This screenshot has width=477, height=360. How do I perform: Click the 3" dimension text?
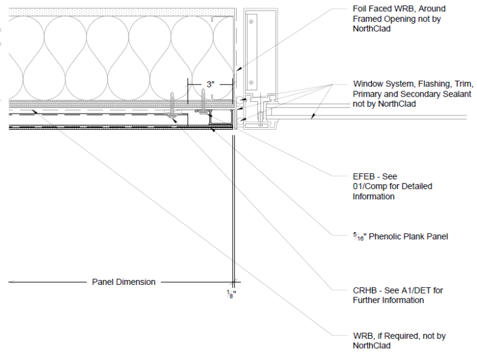pos(210,84)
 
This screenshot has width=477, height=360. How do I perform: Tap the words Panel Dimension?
pos(124,282)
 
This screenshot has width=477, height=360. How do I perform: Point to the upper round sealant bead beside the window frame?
pos(240,100)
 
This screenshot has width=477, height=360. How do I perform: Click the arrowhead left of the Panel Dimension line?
pos(12,282)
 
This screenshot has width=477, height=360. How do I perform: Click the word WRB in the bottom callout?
pos(363,336)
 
